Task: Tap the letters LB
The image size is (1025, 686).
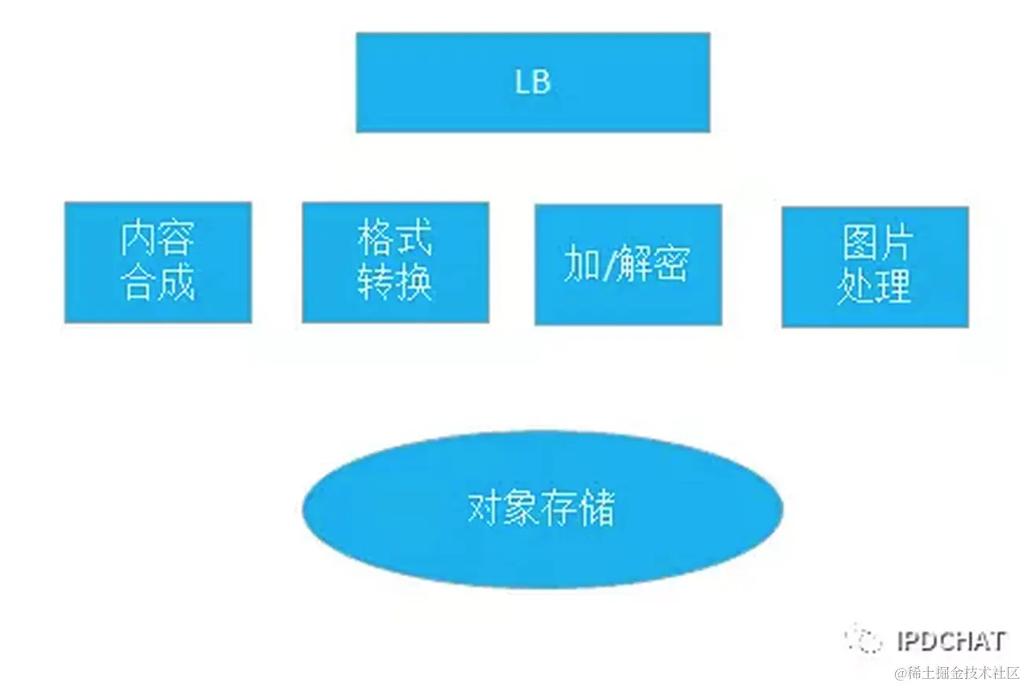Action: [x=533, y=83]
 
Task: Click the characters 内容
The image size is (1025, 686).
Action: [x=157, y=238]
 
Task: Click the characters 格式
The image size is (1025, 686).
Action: [x=395, y=238]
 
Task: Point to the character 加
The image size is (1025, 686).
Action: [x=581, y=266]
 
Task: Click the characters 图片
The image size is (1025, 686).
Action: [x=875, y=244]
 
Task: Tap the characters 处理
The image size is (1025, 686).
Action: [x=875, y=287]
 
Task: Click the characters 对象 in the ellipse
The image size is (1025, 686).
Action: [x=504, y=508]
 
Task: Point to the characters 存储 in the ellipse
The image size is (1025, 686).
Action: [x=579, y=508]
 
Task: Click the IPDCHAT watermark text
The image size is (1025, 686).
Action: [x=951, y=641]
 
